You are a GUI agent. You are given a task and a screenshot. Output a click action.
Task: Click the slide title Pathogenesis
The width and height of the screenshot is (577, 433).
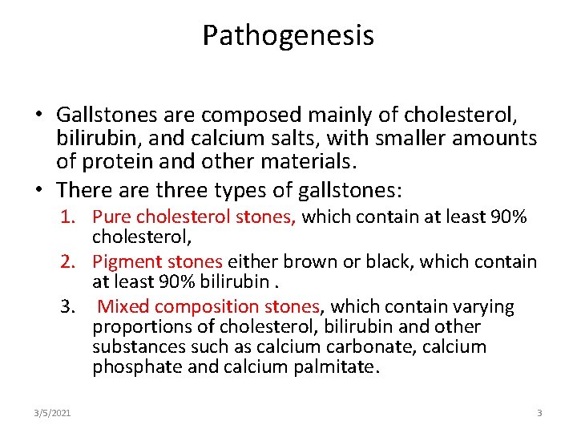point(288,36)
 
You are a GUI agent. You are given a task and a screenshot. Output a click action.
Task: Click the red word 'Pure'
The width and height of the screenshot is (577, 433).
point(110,217)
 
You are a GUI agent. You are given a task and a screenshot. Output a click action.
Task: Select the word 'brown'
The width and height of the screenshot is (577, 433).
point(305,261)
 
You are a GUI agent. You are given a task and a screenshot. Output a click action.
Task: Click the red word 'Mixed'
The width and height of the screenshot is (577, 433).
point(123,306)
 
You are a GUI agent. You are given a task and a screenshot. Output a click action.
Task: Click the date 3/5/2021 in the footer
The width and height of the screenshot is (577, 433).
point(52,413)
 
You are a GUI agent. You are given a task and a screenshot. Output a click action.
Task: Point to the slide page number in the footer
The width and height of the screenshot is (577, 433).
point(539,413)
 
